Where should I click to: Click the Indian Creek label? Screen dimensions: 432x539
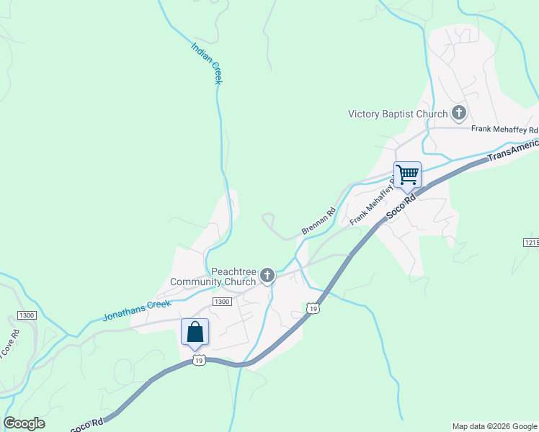tap(207, 63)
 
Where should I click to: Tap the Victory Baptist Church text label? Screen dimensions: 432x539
tap(398, 114)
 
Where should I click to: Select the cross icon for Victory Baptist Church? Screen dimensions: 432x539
tap(458, 113)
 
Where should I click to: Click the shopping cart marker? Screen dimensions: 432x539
tap(408, 175)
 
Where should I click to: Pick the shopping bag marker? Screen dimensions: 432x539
tap(195, 332)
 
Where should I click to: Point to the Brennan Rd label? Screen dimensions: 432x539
tap(318, 222)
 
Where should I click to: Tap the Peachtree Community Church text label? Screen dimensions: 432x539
tap(213, 276)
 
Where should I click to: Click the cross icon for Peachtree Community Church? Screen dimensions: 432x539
tap(267, 275)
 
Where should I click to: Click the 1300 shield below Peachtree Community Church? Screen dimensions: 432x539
tap(222, 302)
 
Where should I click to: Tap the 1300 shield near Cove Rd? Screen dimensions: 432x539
tap(27, 315)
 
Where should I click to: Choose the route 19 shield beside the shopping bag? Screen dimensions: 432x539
tap(200, 359)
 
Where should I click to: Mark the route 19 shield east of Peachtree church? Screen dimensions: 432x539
tap(312, 308)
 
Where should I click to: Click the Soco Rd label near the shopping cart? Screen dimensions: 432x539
tap(401, 207)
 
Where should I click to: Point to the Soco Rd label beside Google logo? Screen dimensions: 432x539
tap(87, 423)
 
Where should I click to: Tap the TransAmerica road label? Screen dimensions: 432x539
tap(512, 150)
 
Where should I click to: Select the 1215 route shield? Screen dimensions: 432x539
tap(531, 243)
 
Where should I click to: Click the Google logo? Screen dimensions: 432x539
tap(24, 423)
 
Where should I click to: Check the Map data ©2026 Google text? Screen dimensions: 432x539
tap(494, 426)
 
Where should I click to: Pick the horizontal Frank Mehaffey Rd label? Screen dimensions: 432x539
tap(504, 130)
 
